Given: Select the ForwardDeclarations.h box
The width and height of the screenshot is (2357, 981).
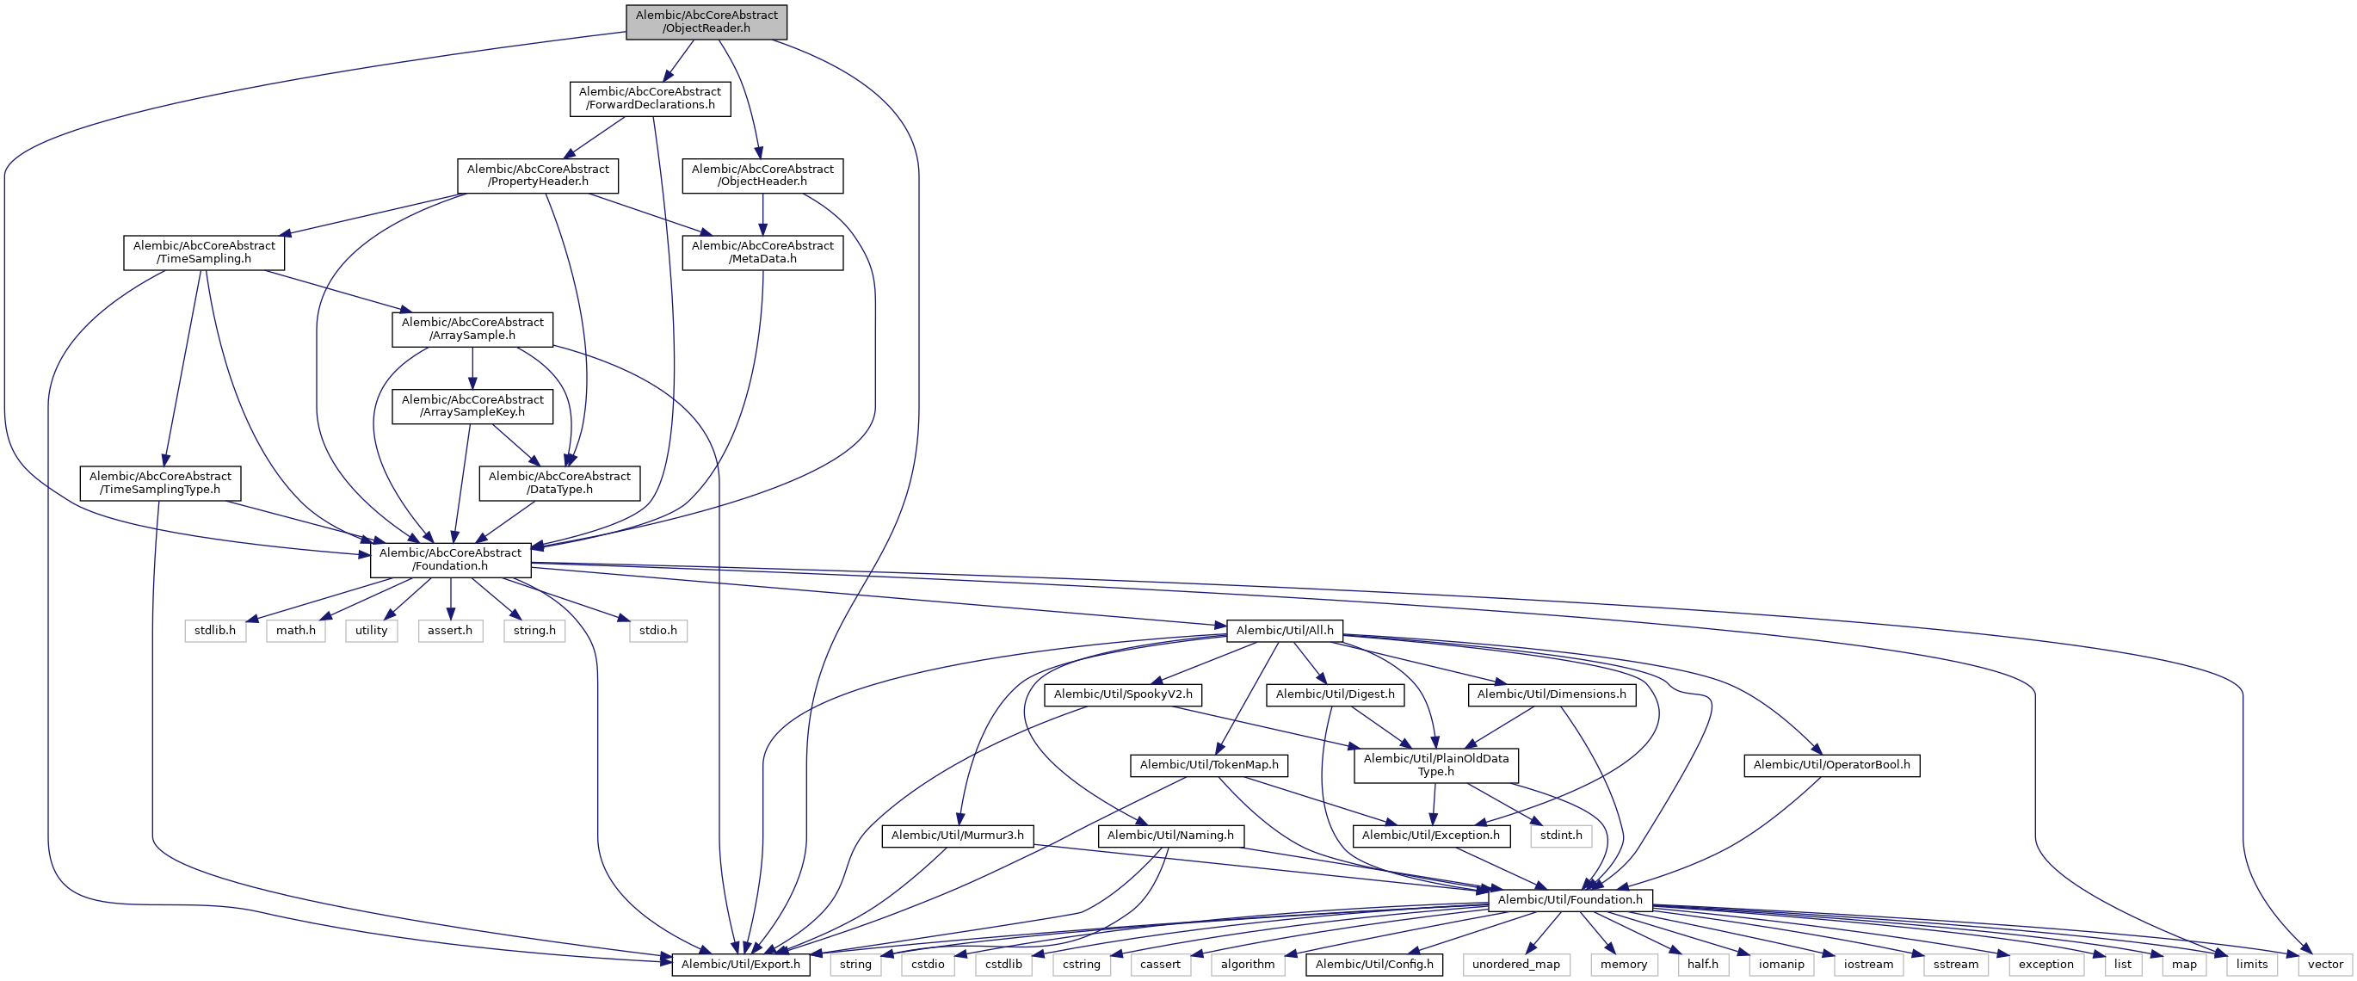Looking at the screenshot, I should coord(650,99).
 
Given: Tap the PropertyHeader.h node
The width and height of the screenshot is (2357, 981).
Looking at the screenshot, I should coord(537,176).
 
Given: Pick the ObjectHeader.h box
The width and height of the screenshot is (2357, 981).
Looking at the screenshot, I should coord(762,176).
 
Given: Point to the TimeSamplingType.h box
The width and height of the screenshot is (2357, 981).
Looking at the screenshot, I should coord(160,483).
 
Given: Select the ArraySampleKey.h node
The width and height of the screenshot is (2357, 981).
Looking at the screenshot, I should coord(472,406).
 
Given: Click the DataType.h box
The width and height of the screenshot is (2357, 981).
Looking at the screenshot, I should coord(559,483).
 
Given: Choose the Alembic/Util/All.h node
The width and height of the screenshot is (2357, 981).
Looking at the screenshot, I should coord(1285,631).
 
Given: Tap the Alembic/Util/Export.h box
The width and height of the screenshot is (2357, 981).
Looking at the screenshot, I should coord(740,965).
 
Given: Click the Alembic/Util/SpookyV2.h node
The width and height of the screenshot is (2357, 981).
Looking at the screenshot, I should coord(1123,694).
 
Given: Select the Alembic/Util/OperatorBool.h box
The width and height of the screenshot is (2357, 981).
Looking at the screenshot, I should coord(1831,765).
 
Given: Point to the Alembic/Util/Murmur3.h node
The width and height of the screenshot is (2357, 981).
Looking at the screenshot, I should coord(957,836).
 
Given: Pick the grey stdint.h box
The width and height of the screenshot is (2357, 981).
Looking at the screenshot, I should coord(1561,836).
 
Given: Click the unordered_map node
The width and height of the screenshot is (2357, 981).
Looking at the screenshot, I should coord(1515,965).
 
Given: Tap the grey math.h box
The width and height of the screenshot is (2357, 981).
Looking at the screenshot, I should coord(295,631).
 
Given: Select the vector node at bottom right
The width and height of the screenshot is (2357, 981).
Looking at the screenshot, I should coord(2325,965).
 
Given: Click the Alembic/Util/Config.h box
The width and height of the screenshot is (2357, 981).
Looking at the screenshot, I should coord(1373,965).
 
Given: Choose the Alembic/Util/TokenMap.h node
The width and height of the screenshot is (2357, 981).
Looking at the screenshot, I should coord(1209,765).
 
